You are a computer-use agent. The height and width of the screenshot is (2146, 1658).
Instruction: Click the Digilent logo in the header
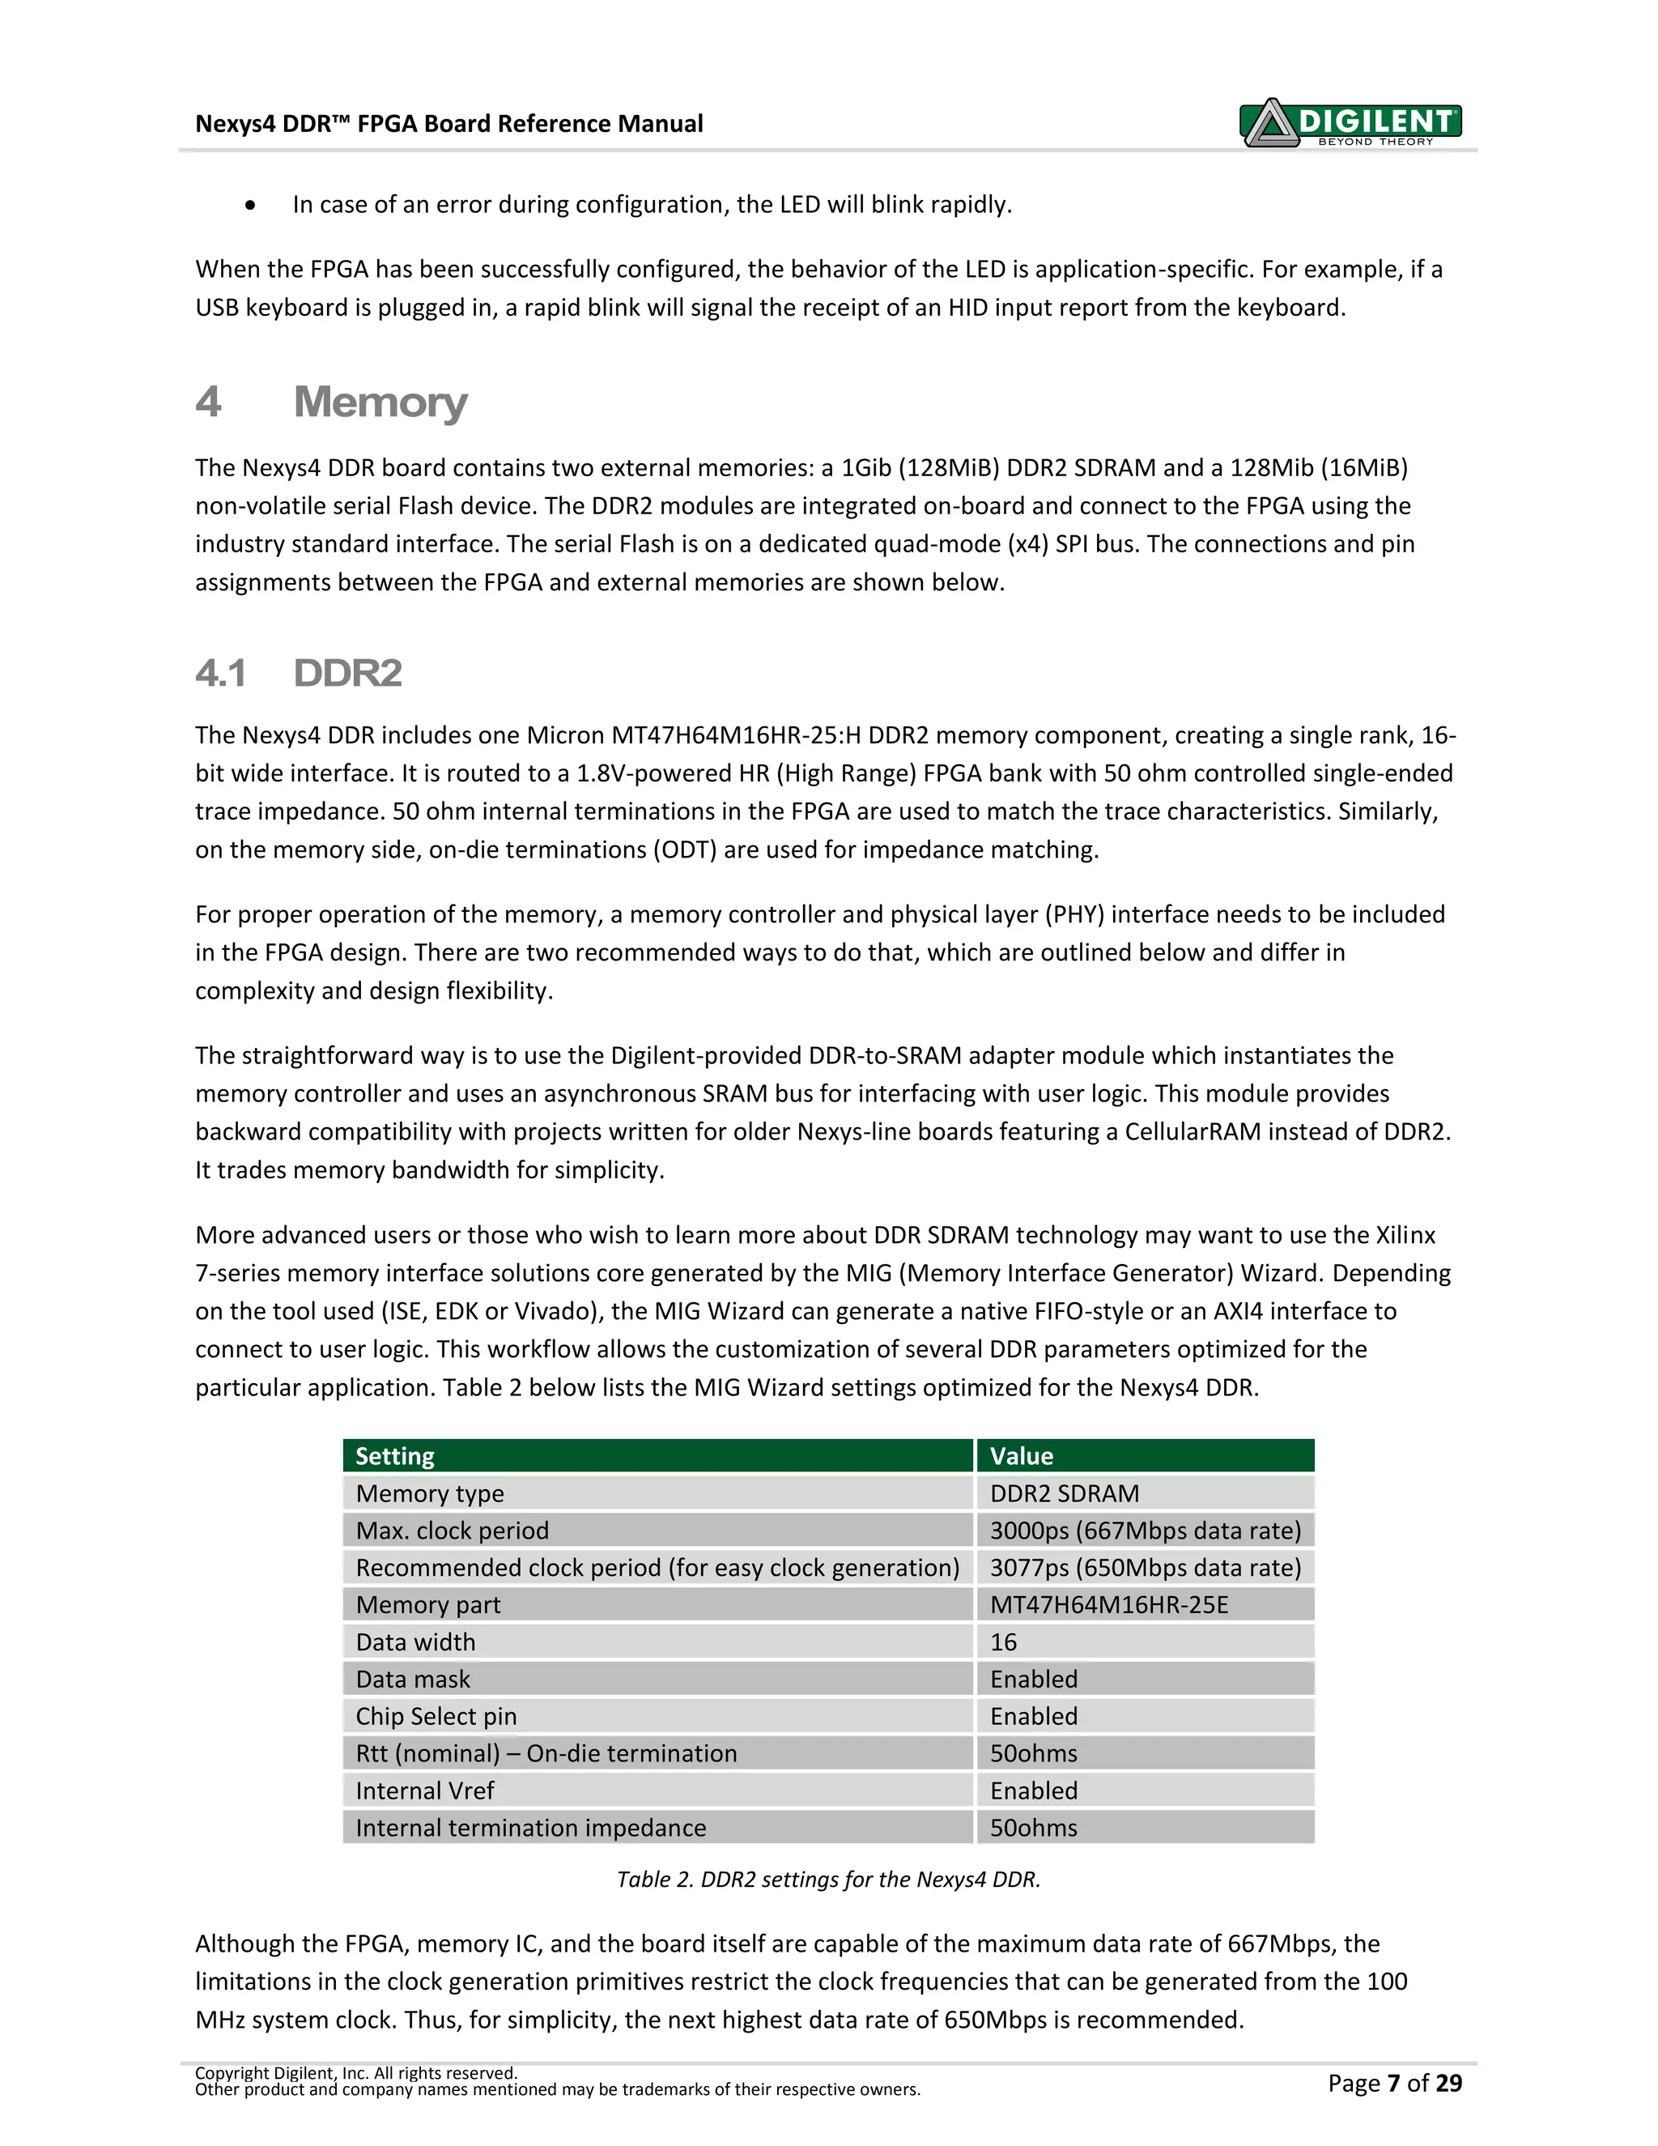point(1350,123)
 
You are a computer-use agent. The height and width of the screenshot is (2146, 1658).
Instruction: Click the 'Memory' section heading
point(380,402)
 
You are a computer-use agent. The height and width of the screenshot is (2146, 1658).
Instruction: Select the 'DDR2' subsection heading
point(347,673)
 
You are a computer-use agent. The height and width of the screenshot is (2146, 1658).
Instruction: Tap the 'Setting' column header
point(395,1456)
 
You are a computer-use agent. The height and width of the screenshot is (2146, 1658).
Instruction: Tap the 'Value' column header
point(1022,1456)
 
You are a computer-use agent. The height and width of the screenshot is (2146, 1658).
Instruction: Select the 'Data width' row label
point(415,1642)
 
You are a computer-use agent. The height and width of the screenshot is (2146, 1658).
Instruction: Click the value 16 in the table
point(1003,1642)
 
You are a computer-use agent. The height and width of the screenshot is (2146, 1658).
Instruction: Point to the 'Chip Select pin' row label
point(436,1717)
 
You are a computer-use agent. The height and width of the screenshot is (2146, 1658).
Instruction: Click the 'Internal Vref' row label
point(425,1790)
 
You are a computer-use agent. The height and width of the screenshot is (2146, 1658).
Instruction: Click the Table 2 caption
point(828,1879)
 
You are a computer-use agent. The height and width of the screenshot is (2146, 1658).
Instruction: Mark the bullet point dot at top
point(252,206)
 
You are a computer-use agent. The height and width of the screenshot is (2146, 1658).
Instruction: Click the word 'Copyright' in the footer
point(232,2073)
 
